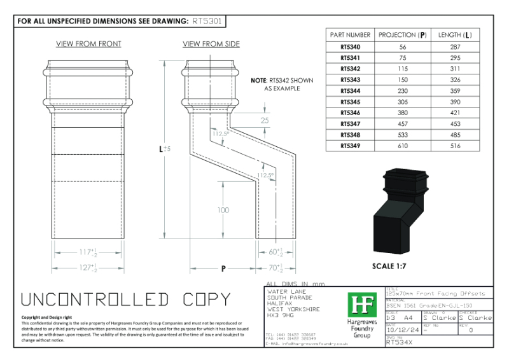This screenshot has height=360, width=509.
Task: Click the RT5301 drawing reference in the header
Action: click(207, 21)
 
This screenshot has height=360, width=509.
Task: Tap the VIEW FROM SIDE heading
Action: click(211, 44)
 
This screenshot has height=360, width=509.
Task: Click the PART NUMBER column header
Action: click(349, 35)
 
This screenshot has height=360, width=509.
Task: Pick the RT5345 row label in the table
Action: click(349, 102)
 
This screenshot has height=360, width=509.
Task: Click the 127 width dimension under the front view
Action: click(87, 268)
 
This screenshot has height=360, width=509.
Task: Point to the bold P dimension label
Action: click(224, 269)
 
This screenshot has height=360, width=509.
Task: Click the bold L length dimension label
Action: click(163, 149)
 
